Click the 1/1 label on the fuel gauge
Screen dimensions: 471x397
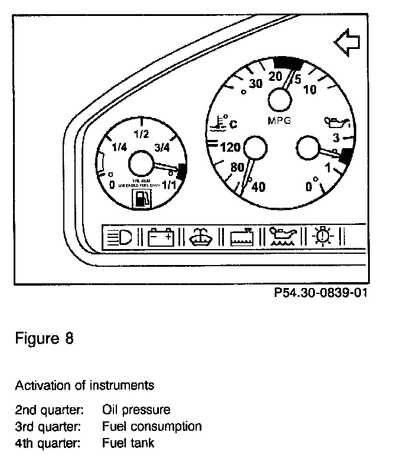170,185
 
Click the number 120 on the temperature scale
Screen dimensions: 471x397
230,147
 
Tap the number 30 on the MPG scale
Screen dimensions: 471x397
255,84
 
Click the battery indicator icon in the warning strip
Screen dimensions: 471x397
161,237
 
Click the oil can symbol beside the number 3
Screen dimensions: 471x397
336,123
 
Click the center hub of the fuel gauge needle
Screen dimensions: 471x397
141,163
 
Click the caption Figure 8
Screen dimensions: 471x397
44,341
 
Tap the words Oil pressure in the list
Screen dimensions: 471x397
136,410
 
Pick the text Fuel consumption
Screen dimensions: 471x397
152,426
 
